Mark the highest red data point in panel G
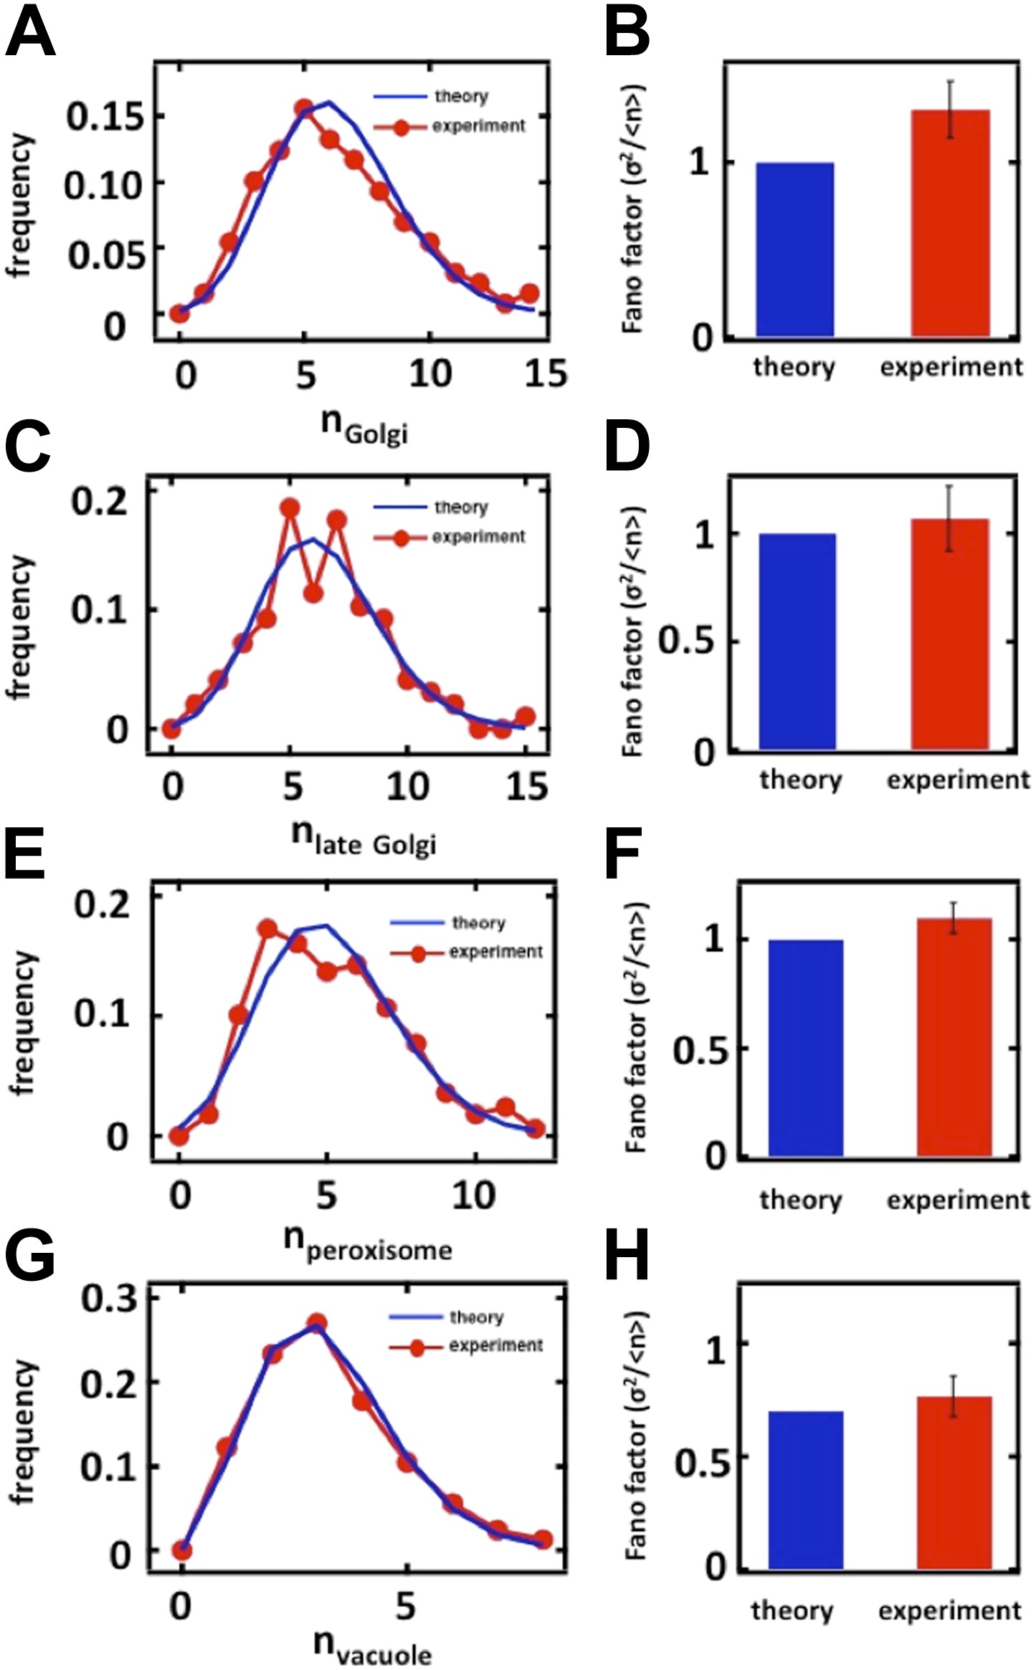[x=317, y=1323]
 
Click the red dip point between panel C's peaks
[x=313, y=593]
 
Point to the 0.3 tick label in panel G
[x=108, y=1299]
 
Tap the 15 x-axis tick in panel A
[x=545, y=373]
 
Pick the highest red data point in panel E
[x=268, y=929]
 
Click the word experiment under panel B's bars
[x=951, y=368]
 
